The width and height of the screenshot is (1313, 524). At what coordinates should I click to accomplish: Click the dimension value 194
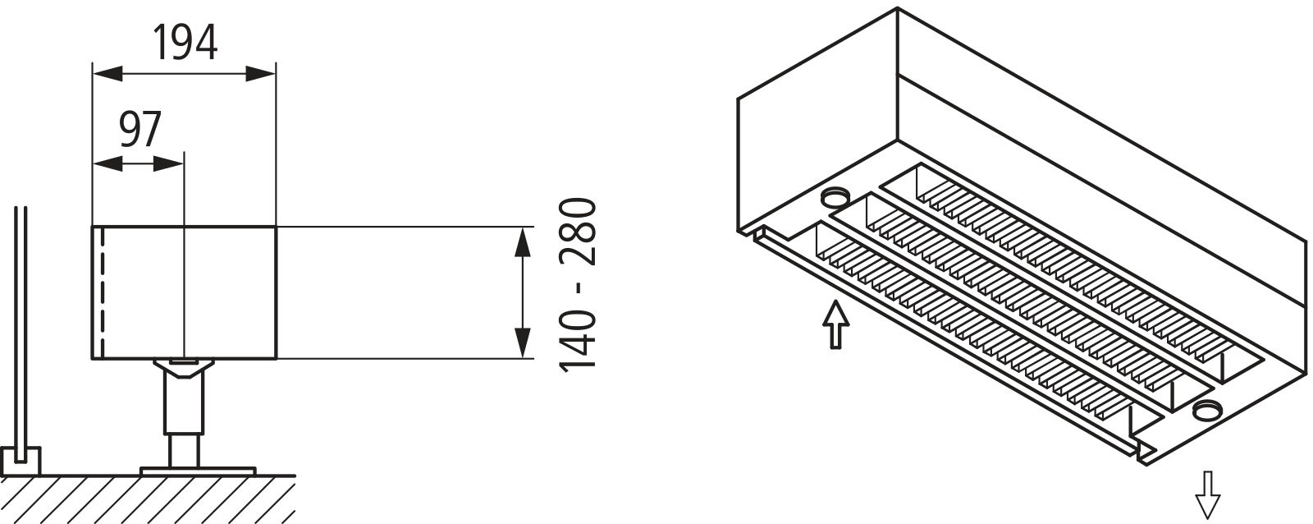[x=185, y=43]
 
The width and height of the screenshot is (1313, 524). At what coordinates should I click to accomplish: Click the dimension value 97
[x=140, y=129]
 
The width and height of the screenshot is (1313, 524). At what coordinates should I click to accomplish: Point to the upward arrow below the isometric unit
[x=835, y=325]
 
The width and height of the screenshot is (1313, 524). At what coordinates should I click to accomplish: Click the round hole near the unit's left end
[x=835, y=197]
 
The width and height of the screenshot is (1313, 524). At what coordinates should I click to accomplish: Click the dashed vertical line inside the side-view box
[x=103, y=292]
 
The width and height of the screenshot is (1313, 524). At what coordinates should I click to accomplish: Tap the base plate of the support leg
[x=198, y=471]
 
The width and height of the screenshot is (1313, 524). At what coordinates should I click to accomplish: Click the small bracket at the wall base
[x=21, y=462]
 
